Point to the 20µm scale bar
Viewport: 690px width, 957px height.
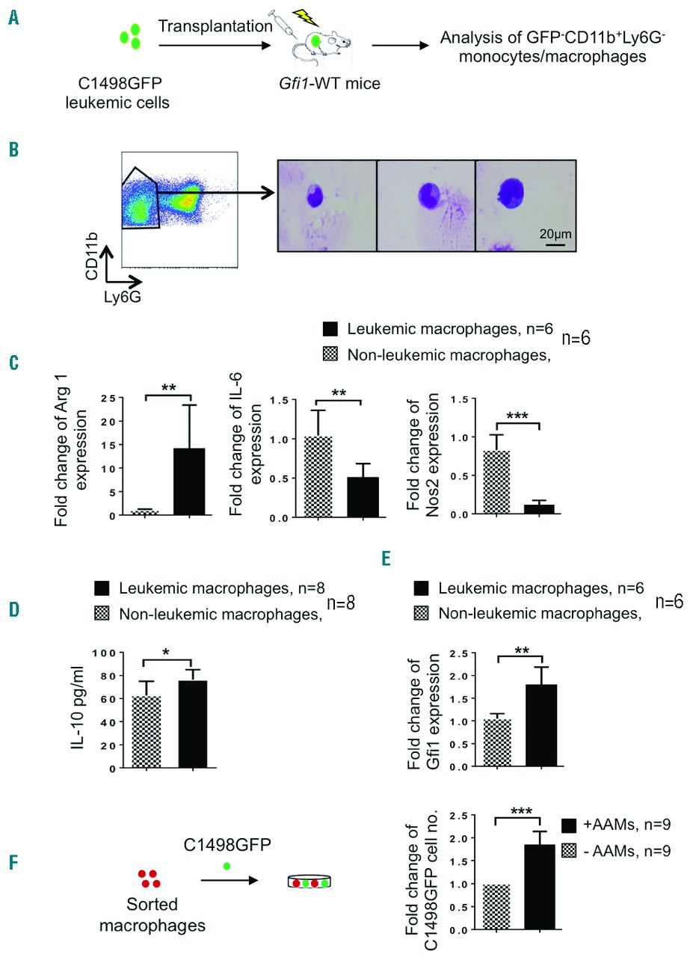tap(554, 244)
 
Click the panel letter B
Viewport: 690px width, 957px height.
tap(13, 150)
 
